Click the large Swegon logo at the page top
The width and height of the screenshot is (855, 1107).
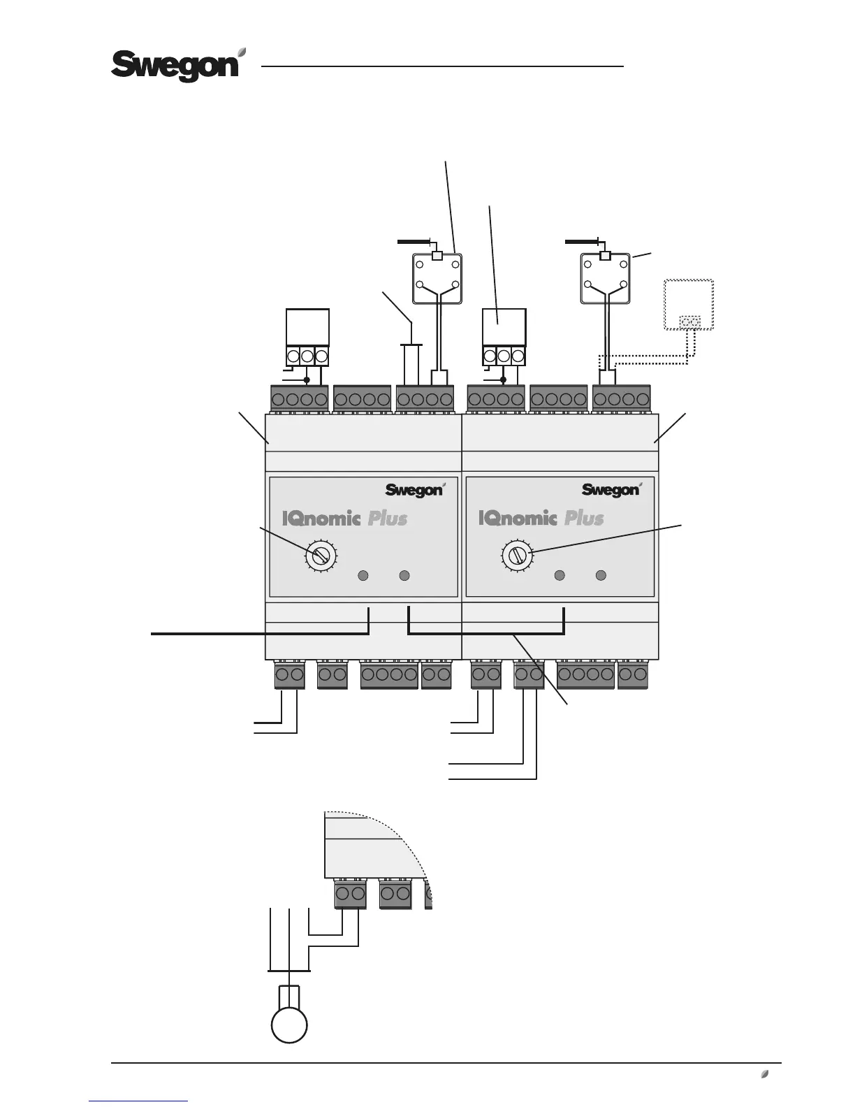coord(179,66)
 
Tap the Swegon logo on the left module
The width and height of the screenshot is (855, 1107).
coord(414,490)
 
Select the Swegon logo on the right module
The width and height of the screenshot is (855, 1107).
coord(611,490)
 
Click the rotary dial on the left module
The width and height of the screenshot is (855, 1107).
coord(321,556)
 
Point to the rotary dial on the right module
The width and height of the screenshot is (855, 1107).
coord(517,556)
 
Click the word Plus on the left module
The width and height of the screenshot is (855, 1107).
coord(388,519)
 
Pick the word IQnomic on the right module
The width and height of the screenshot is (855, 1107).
coord(518,519)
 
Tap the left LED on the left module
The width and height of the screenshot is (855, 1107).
coord(363,576)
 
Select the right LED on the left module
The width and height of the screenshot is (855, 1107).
coord(404,576)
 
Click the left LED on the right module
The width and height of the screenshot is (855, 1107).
coord(560,576)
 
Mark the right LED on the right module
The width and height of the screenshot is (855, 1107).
coord(600,576)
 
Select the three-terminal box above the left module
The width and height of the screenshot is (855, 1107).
coord(307,337)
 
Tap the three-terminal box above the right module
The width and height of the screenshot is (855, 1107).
coord(504,337)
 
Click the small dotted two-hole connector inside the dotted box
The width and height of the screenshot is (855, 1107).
coord(690,322)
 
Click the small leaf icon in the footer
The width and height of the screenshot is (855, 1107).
coord(765,1073)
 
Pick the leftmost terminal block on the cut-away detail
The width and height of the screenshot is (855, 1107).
coord(351,894)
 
